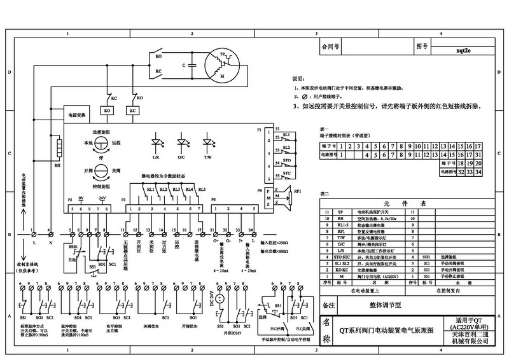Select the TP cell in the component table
click(x=339, y=211)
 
